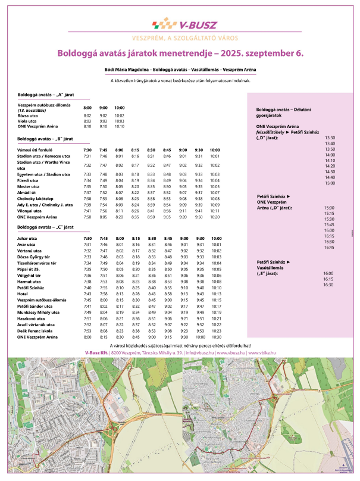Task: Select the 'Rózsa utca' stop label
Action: click(28, 115)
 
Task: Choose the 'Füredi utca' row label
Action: click(29, 180)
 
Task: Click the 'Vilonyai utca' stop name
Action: click(30, 211)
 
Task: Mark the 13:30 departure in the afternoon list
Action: click(330, 138)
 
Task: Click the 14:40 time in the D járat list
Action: click(330, 177)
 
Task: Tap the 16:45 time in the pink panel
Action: click(328, 247)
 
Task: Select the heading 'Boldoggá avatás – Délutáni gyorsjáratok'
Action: click(278, 112)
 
